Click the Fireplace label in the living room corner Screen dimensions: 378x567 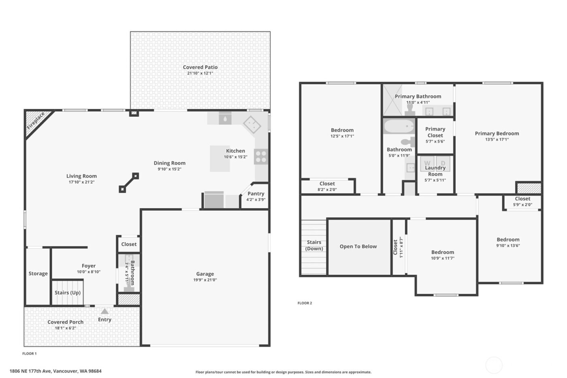[36, 121]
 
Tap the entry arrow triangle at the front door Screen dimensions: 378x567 [104, 312]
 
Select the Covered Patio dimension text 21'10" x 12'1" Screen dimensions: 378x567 [200, 73]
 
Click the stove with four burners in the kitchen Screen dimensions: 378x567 [261, 157]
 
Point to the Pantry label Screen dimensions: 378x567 [256, 194]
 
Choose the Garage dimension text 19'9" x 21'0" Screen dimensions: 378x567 [205, 280]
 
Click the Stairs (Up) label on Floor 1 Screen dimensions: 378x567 [68, 293]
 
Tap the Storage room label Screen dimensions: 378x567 [38, 273]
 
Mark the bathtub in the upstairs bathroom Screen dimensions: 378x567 [399, 126]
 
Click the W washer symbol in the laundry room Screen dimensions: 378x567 [427, 163]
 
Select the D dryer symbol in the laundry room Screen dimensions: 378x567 [443, 163]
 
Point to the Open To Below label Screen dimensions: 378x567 [358, 246]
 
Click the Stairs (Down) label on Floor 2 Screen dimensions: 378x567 [314, 246]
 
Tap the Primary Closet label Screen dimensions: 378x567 [435, 132]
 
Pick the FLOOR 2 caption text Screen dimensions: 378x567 [305, 303]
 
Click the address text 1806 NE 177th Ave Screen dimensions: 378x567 [30, 371]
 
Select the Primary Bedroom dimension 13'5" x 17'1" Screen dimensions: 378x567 [497, 139]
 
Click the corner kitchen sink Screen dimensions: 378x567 [252, 124]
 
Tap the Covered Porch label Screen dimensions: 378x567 [65, 322]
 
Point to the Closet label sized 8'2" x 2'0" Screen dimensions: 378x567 [327, 184]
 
